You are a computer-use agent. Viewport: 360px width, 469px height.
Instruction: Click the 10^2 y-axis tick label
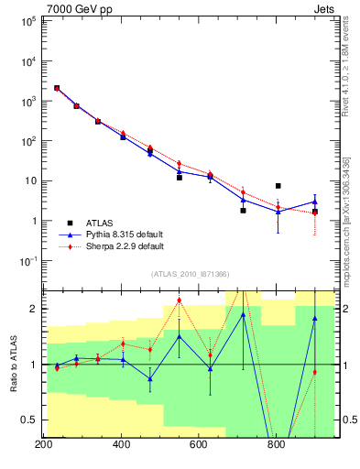[x=25, y=141]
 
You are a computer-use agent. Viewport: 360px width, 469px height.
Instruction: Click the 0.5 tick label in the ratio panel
[x=28, y=420]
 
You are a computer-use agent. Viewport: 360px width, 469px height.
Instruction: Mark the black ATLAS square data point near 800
[x=278, y=186]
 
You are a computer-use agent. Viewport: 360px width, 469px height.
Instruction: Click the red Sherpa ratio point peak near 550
[x=180, y=300]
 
